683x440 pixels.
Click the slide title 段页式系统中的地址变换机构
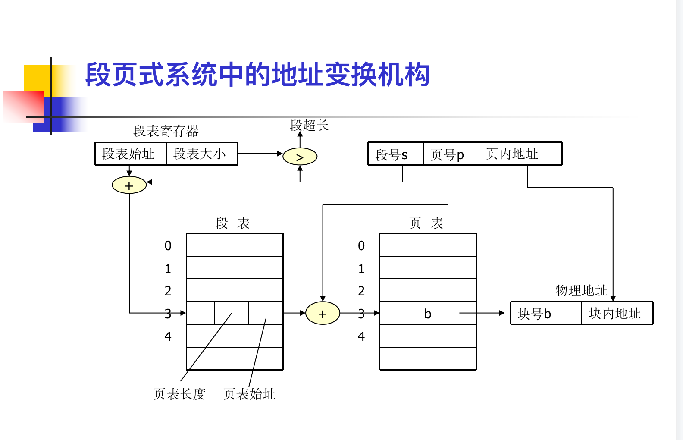click(x=257, y=75)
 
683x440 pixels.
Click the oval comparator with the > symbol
click(x=300, y=157)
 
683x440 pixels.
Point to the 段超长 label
click(x=309, y=126)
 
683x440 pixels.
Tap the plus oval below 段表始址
click(x=129, y=185)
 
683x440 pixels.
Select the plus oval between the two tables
click(x=323, y=314)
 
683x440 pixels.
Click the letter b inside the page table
click(x=427, y=314)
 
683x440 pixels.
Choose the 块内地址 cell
click(x=615, y=314)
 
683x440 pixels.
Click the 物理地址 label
click(x=581, y=290)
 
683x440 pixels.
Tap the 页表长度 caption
click(x=179, y=394)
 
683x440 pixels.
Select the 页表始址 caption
click(x=249, y=394)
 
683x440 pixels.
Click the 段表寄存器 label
click(x=166, y=131)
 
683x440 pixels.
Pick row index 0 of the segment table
click(x=168, y=246)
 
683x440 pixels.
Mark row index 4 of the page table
click(x=361, y=336)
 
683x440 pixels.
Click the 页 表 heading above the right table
click(x=426, y=223)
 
